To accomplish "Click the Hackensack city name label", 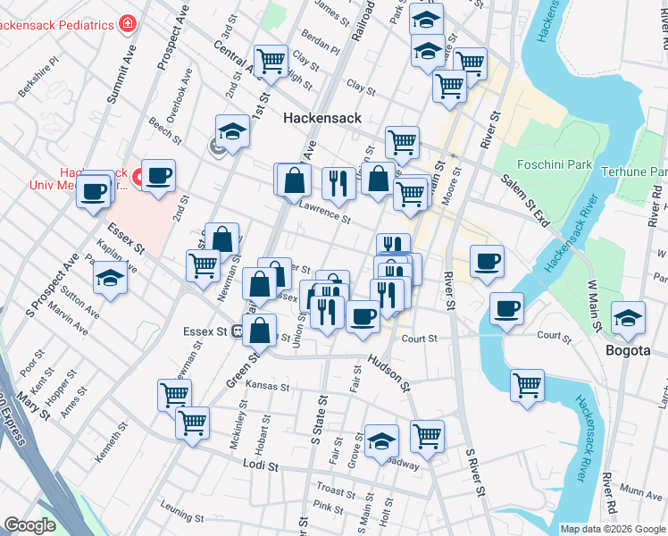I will pyautogui.click(x=321, y=118).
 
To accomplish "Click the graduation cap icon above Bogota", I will pyautogui.click(x=629, y=318).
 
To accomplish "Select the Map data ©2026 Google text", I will pyautogui.click(x=612, y=529).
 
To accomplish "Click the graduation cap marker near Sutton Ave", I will pyautogui.click(x=111, y=278).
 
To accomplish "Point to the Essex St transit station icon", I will pyautogui.click(x=238, y=331).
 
